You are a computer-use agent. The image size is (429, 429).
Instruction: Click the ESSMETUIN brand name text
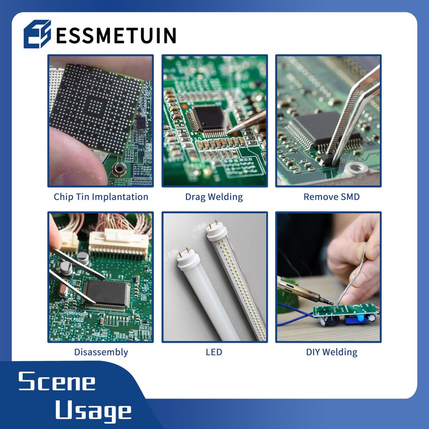pos(116,35)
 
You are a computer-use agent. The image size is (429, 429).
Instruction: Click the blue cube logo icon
pos(37,34)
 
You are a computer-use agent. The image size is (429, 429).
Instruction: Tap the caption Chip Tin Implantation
pos(101,197)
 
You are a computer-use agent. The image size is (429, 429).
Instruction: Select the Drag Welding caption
pos(214,197)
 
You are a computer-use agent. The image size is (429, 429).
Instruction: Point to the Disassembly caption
pos(101,352)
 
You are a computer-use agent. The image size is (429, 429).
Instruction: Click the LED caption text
pos(214,352)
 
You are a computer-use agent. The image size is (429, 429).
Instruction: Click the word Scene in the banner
pos(57,382)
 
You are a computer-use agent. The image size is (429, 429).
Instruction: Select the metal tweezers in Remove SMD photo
pos(351,113)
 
